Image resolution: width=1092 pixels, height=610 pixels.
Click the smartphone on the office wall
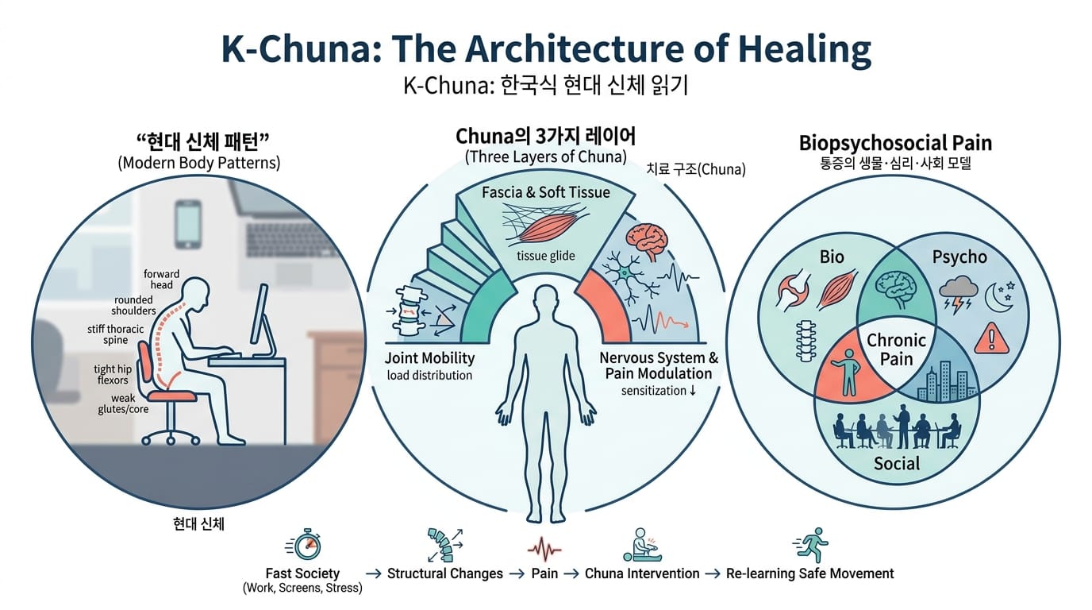188,224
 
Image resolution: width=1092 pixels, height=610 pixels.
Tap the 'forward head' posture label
161,279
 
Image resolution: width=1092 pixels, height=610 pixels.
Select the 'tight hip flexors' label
113,374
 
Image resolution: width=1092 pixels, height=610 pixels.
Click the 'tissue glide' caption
545,256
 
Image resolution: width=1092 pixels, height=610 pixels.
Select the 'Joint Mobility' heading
429,357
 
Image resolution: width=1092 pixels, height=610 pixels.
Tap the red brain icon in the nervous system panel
647,242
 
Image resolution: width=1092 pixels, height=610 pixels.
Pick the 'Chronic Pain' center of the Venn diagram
896,349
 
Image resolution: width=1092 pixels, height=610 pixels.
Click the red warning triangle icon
991,338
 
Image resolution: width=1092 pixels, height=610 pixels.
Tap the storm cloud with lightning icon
958,294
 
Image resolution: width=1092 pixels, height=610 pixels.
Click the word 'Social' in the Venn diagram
897,463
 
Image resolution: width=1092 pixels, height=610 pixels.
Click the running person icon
811,545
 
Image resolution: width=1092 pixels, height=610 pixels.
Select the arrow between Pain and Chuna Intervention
571,573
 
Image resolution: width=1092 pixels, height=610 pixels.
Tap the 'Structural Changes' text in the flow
444,573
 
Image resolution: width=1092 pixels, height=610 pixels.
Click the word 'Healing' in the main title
805,49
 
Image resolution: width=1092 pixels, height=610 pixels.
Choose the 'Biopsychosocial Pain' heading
895,144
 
